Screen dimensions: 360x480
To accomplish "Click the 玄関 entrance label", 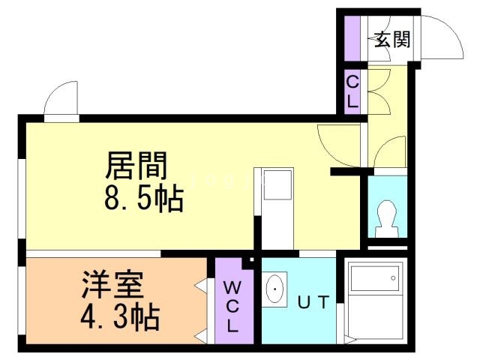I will click(x=391, y=40).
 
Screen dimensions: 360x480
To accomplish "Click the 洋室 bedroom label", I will click(x=113, y=286).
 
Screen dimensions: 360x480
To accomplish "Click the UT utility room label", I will click(x=313, y=303).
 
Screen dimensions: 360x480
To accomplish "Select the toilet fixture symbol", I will click(x=388, y=217).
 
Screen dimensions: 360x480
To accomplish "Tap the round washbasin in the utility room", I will click(x=276, y=289).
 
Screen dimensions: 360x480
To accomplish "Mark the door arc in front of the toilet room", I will click(x=388, y=154).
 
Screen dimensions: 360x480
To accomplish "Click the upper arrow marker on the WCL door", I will click(x=202, y=285).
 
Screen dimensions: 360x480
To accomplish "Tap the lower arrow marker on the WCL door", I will click(x=202, y=331).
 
